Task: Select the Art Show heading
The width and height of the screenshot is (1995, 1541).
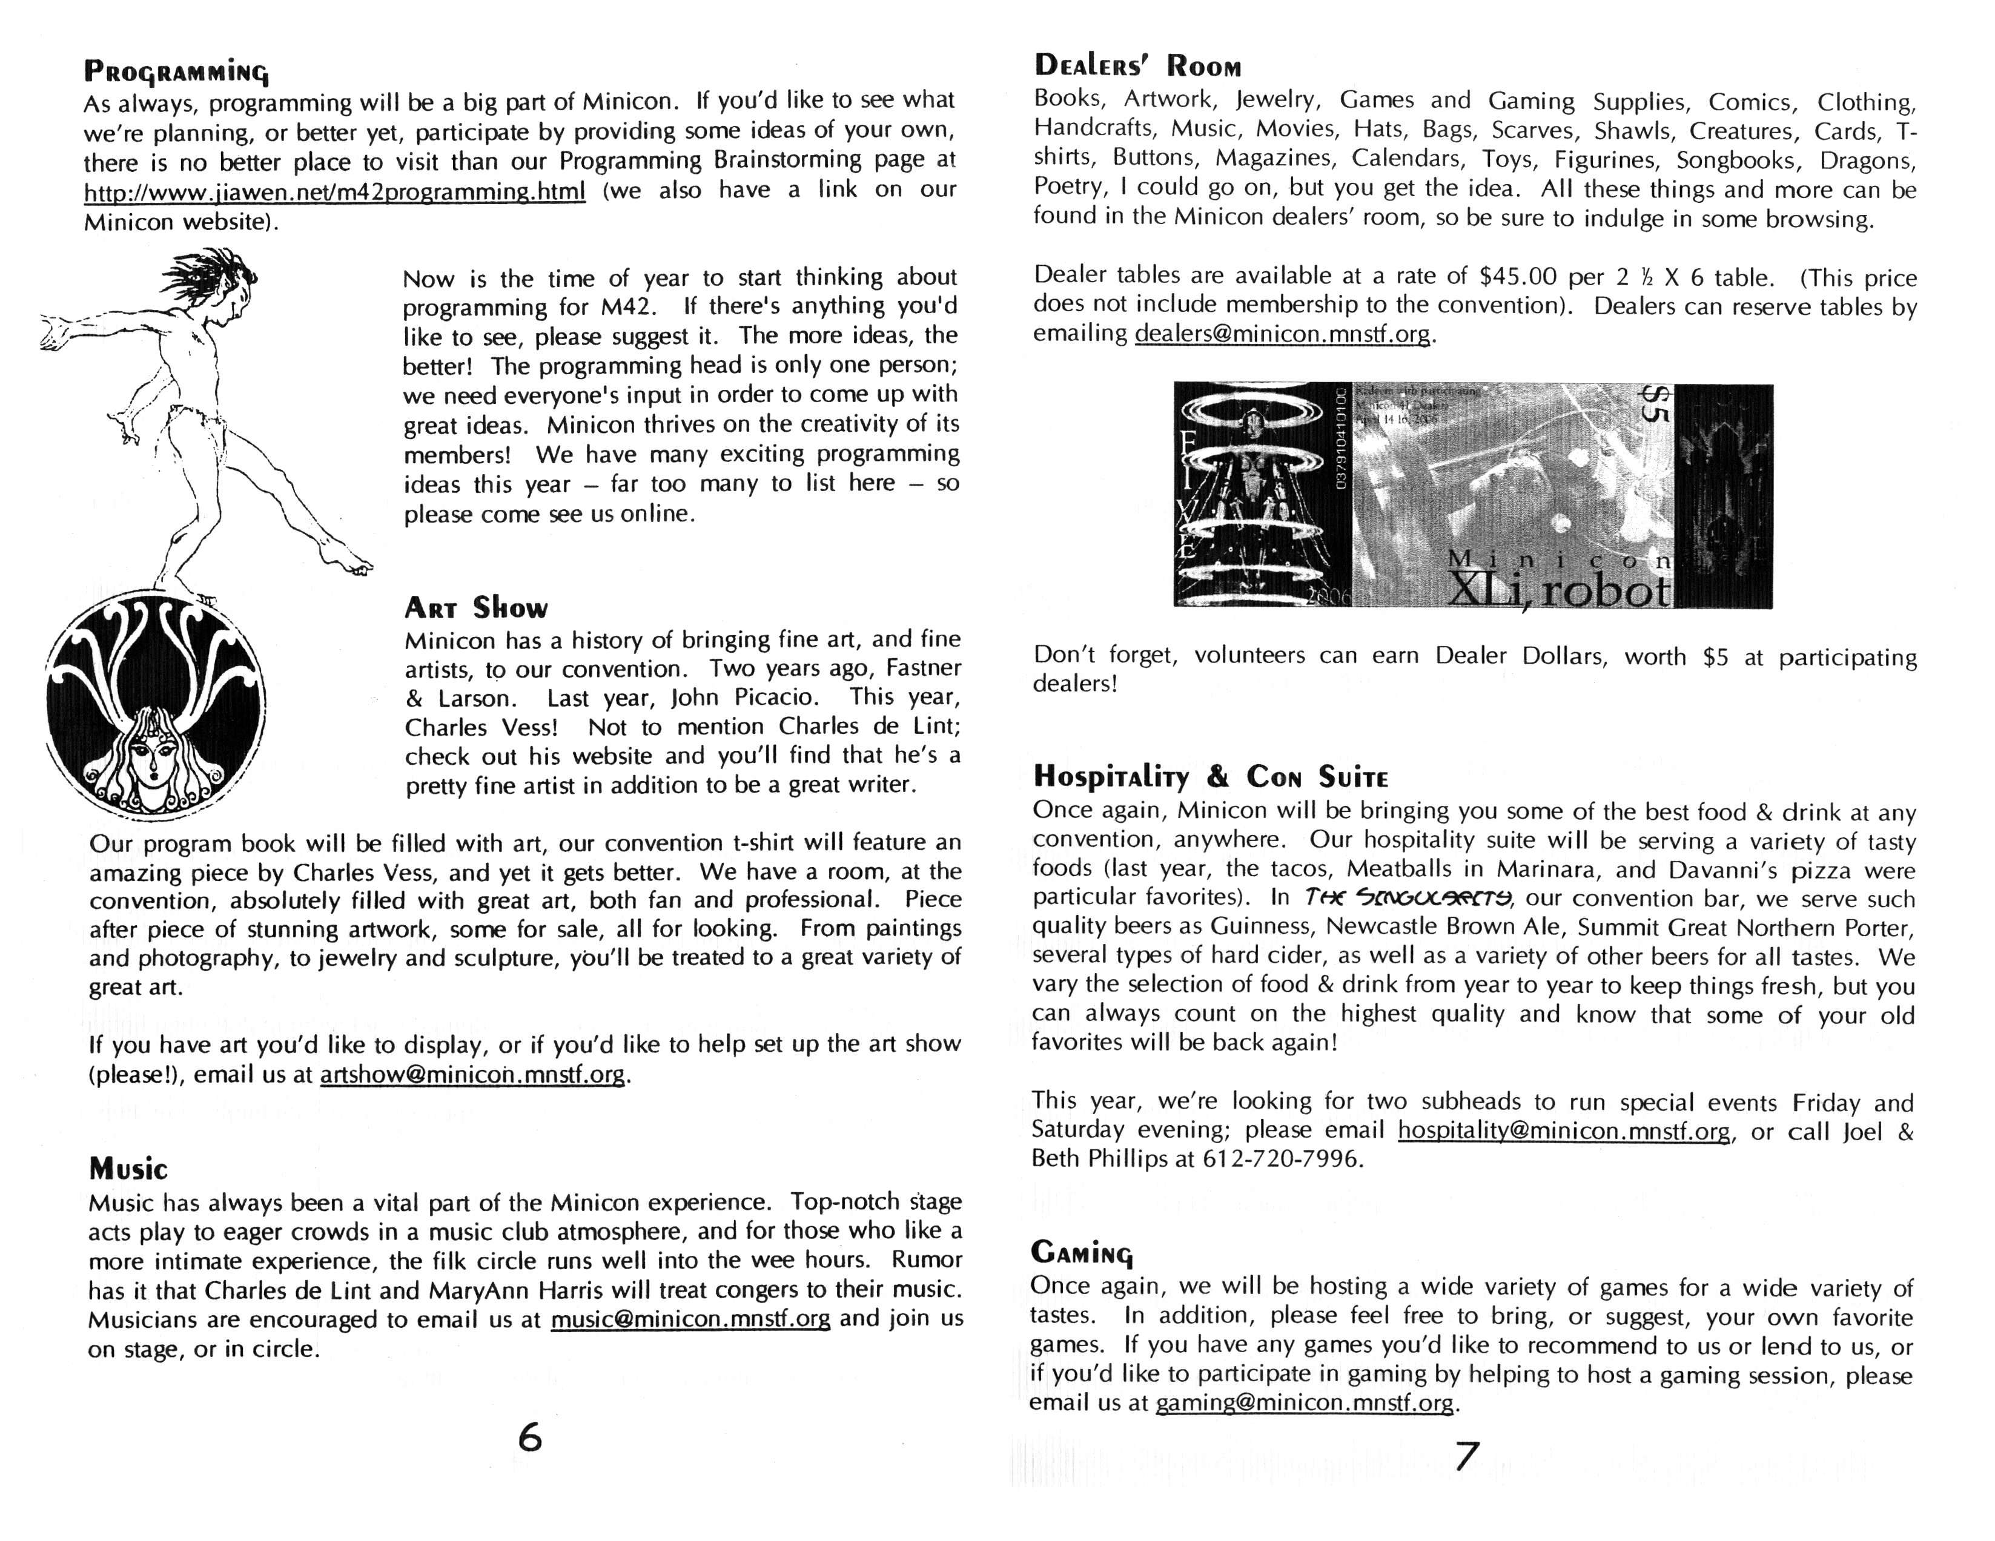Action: [476, 607]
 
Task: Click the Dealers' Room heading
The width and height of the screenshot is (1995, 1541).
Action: [1137, 66]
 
